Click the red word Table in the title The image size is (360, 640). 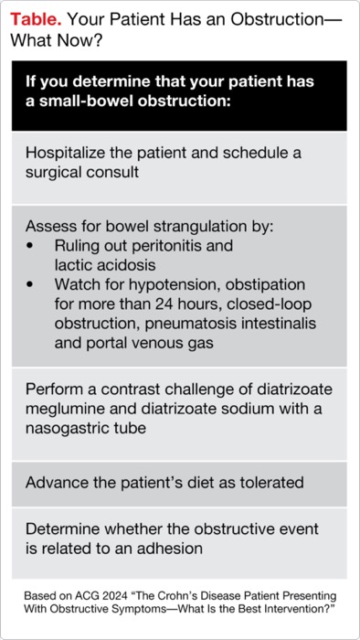coord(34,16)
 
